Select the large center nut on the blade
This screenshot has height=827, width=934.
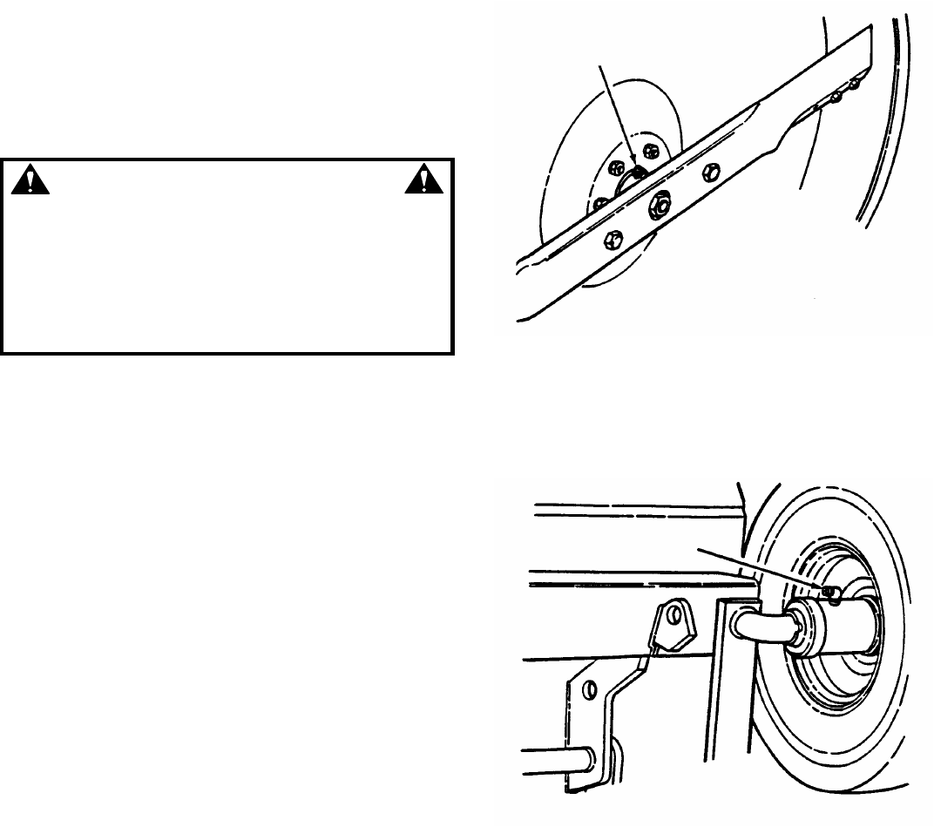point(659,207)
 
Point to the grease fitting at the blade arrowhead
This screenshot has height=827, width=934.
point(638,172)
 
